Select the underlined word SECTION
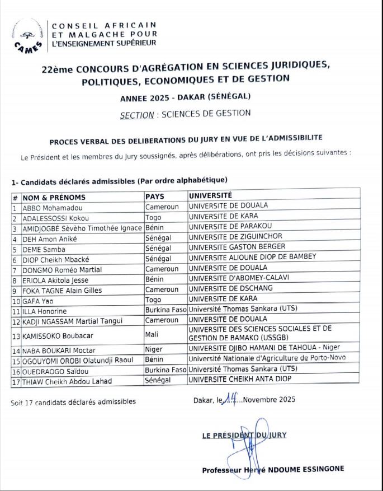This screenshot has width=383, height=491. pyautogui.click(x=137, y=114)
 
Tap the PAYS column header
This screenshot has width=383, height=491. pyautogui.click(x=155, y=197)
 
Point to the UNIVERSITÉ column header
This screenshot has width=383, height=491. pyautogui.click(x=210, y=196)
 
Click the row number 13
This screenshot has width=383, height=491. pyautogui.click(x=16, y=337)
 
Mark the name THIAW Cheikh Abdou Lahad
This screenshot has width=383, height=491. pyautogui.click(x=67, y=381)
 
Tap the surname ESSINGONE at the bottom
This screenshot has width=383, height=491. pyautogui.click(x=321, y=469)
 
